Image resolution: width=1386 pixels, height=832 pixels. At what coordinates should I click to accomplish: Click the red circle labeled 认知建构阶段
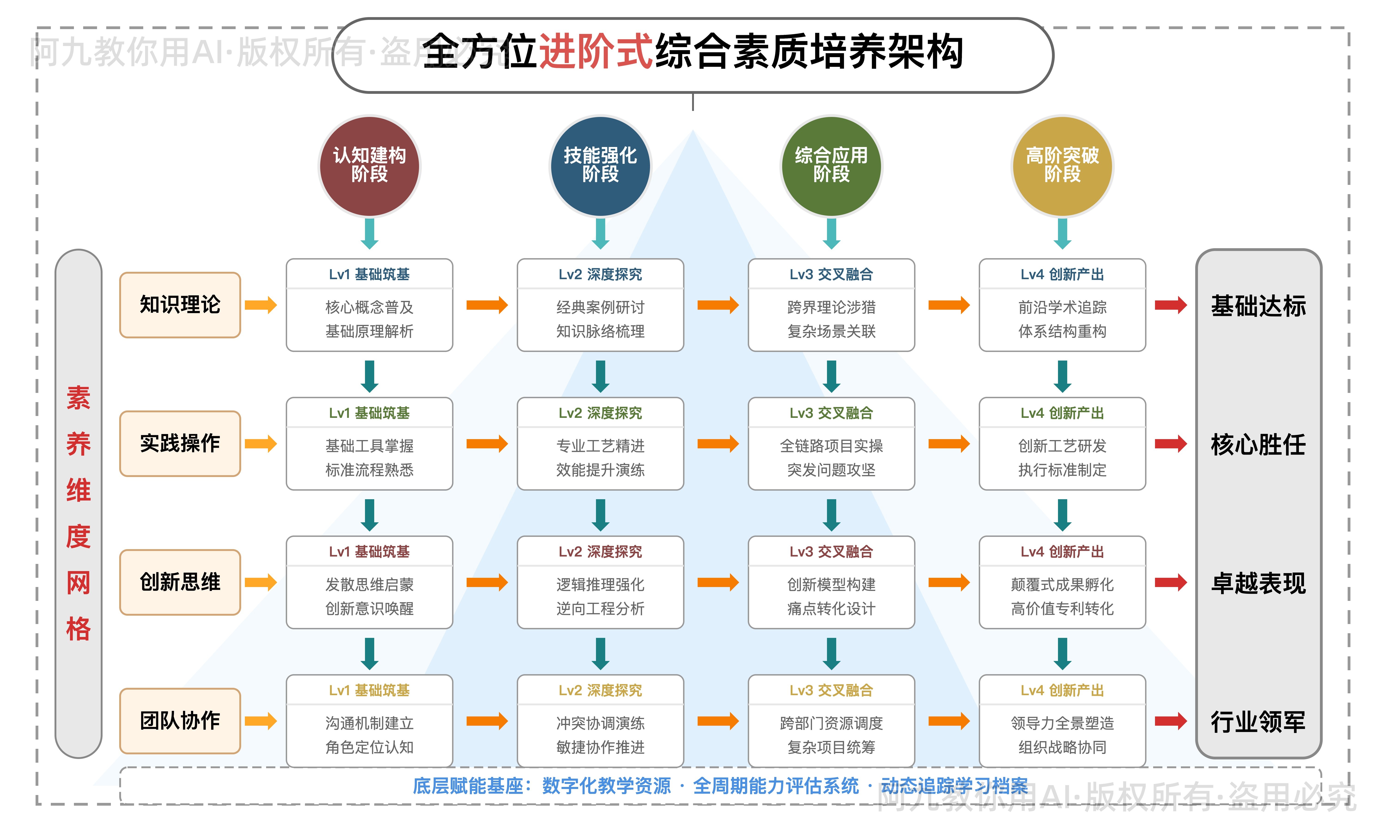click(369, 166)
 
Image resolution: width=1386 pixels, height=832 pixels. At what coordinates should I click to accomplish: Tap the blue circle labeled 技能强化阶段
click(600, 166)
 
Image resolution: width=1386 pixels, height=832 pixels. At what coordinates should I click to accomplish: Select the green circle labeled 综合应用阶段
click(831, 166)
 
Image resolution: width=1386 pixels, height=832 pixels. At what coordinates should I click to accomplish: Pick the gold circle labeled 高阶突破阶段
click(1062, 166)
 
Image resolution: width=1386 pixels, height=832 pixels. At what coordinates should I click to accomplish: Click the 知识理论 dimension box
click(180, 305)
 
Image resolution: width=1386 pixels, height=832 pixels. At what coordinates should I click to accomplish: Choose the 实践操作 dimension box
click(180, 444)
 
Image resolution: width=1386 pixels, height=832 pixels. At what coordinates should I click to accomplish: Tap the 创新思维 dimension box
click(180, 582)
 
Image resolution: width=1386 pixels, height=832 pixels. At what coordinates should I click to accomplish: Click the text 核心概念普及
click(369, 307)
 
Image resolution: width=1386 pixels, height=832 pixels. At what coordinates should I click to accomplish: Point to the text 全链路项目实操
click(831, 446)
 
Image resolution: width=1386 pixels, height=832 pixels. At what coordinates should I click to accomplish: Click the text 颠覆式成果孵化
click(1062, 585)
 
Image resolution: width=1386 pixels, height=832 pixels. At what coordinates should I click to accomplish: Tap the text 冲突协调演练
click(600, 723)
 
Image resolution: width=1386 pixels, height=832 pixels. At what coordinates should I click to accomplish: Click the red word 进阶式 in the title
click(596, 52)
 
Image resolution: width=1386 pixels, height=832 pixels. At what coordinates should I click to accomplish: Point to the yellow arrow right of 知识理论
click(261, 305)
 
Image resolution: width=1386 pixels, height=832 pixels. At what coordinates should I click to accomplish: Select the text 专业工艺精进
click(600, 446)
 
